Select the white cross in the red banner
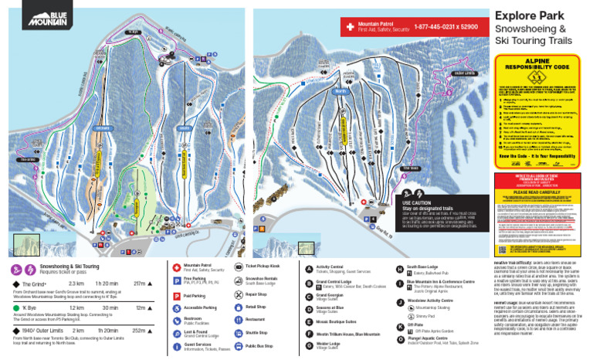[350, 27]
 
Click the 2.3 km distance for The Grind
[76, 284]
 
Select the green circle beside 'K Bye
[15, 307]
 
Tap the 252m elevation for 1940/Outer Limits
[141, 331]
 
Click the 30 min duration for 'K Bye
[110, 307]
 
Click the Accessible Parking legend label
[200, 307]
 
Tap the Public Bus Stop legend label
[260, 347]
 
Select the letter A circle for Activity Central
[308, 267]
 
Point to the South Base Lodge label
[423, 266]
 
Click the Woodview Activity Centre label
[435, 300]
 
